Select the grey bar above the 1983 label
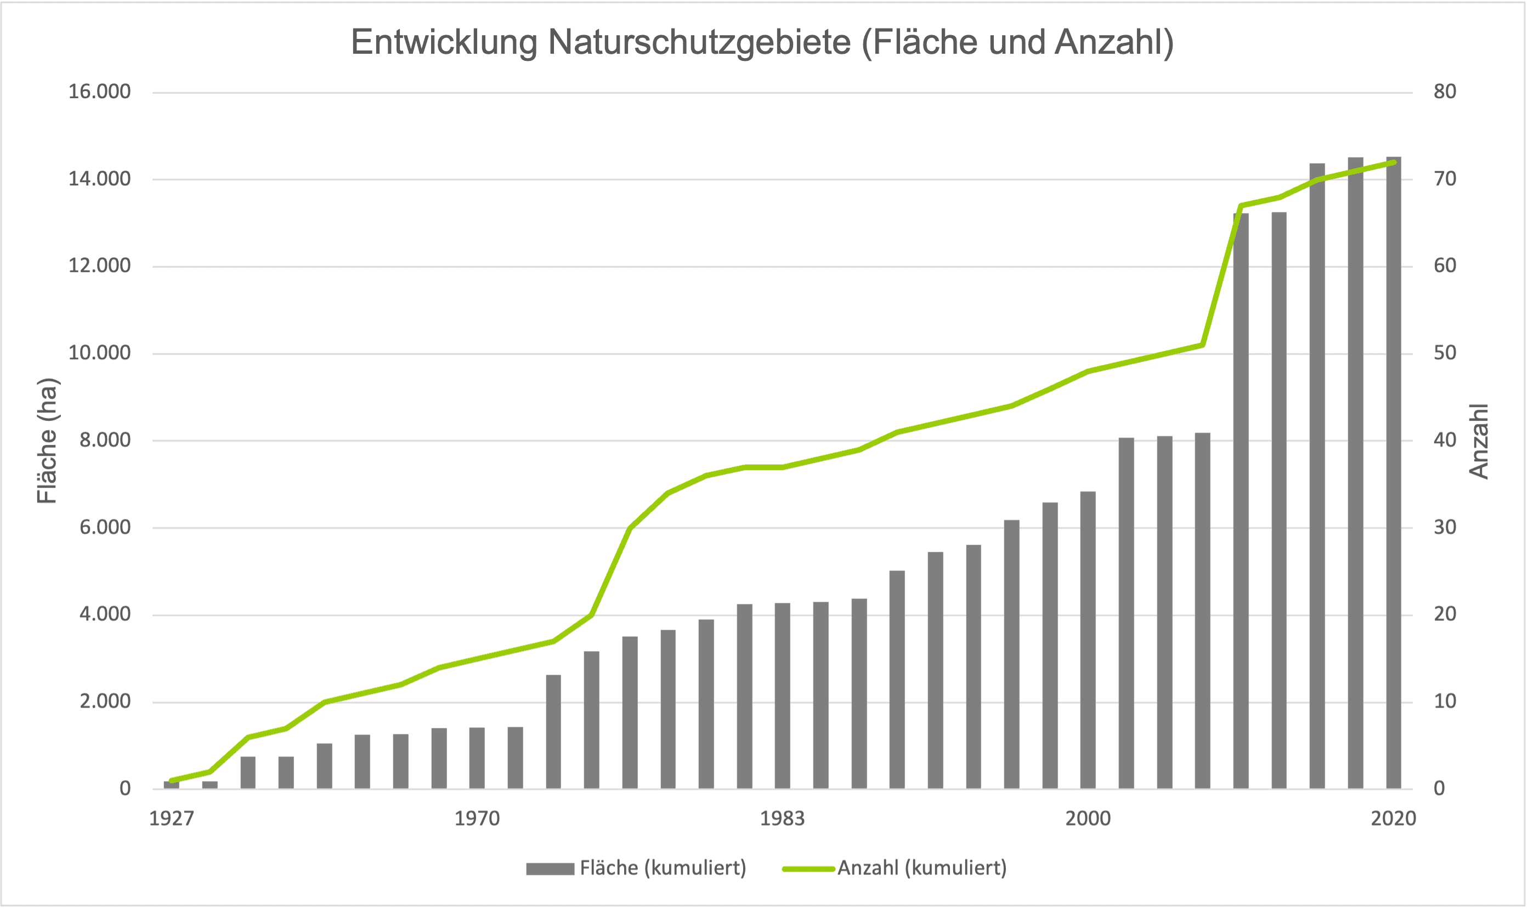coord(783,696)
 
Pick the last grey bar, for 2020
coord(1394,472)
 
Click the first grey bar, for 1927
coord(171,784)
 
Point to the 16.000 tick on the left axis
coord(99,92)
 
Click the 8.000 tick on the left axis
coord(105,440)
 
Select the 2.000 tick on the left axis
coord(105,702)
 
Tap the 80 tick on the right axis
coord(1445,92)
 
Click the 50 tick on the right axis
coord(1445,353)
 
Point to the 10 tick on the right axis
coord(1445,702)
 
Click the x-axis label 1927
coord(172,818)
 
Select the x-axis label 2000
coord(1088,818)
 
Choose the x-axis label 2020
coord(1394,818)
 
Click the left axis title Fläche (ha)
coord(47,440)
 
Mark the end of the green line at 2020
coord(1394,162)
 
